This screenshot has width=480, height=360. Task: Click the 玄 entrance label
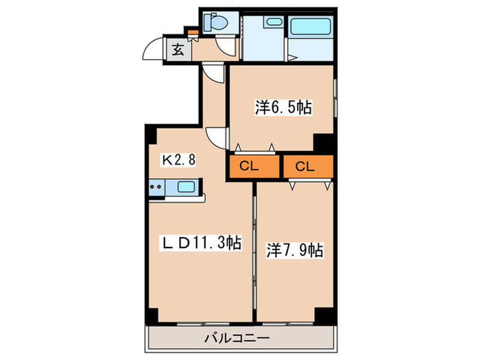click(x=177, y=49)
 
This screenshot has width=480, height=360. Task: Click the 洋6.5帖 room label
click(x=283, y=107)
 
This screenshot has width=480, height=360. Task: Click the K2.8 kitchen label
click(x=178, y=160)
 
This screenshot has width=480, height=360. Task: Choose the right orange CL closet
click(x=307, y=167)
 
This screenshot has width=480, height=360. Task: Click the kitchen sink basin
click(x=185, y=185)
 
